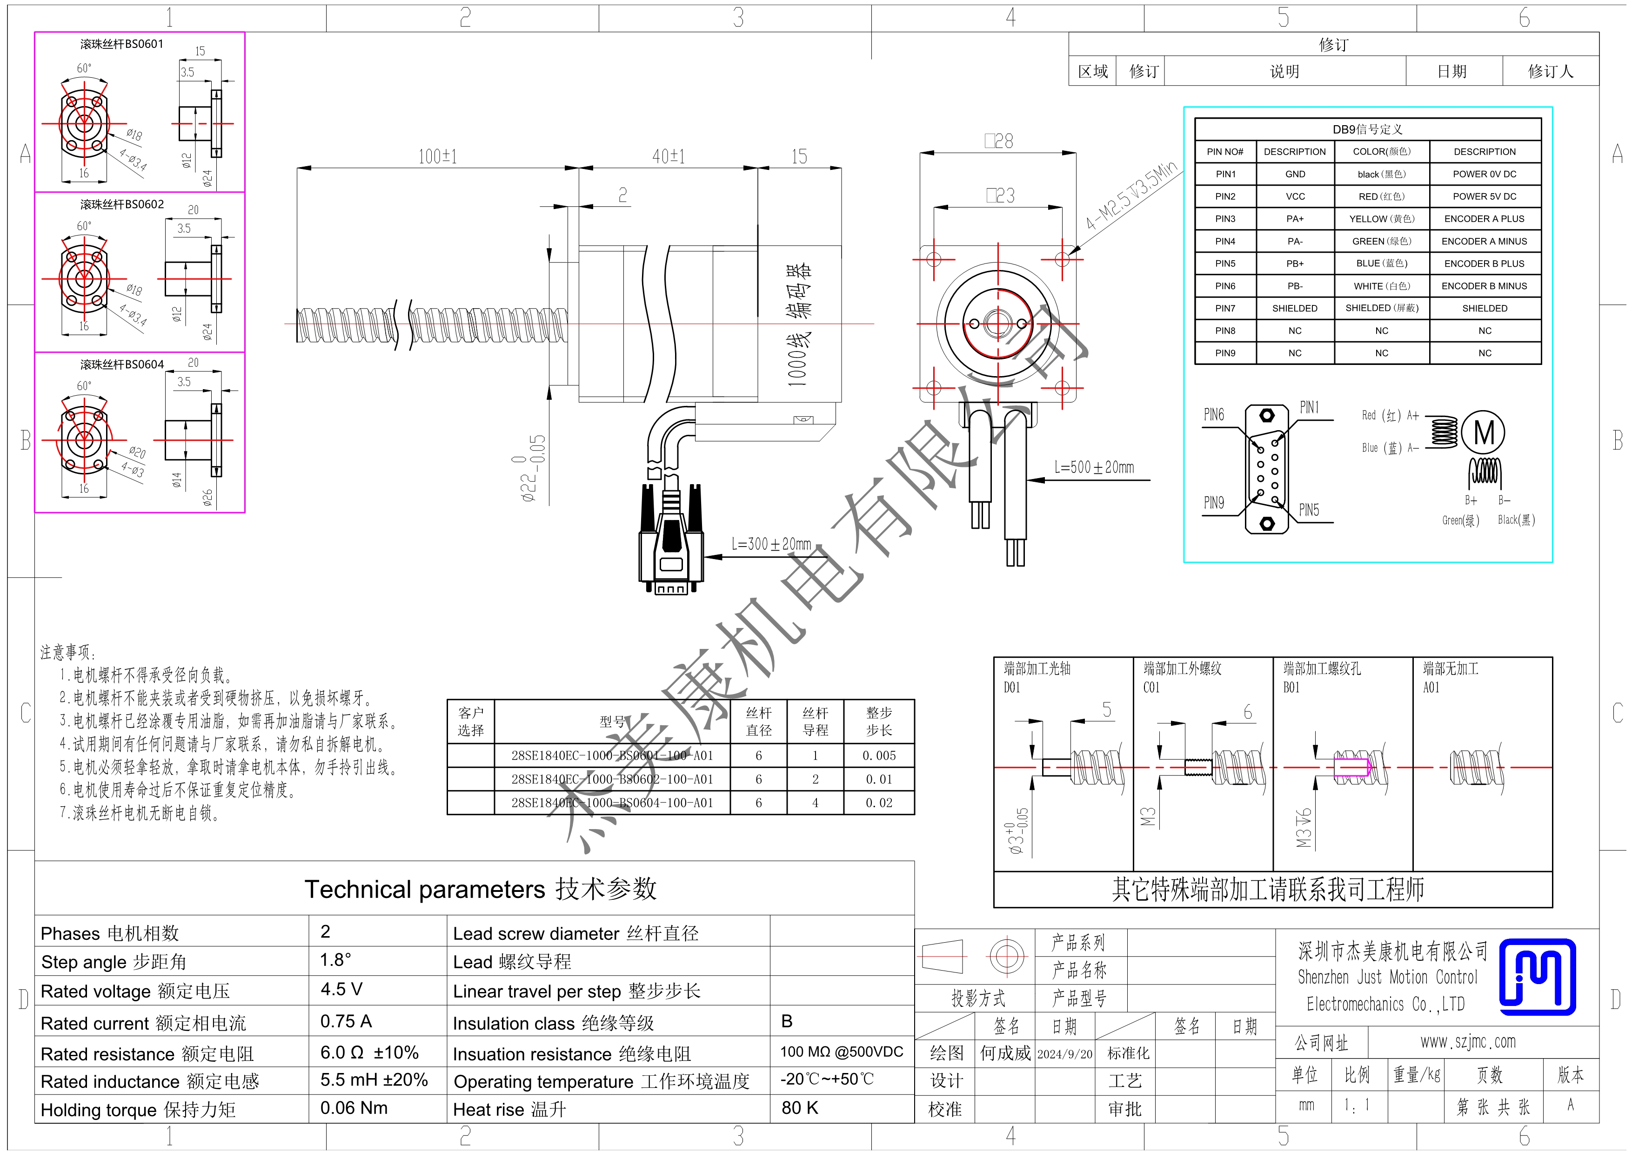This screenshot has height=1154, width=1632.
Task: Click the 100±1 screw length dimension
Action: pos(437,156)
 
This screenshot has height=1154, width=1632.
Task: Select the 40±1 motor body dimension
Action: pos(668,156)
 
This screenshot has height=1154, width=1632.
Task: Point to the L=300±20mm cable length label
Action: pos(771,544)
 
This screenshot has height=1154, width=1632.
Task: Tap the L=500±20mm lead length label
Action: pos(1094,467)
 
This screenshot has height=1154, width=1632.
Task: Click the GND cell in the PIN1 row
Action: pos(1295,174)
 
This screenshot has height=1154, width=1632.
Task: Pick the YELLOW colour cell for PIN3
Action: pos(1381,219)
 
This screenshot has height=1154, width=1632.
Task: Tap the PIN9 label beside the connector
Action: pos(1214,503)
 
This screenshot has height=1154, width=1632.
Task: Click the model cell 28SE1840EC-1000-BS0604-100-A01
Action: pos(612,803)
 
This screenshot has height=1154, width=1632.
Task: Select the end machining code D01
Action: pos(1011,688)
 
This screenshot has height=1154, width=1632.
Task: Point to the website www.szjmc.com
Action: pos(1468,1042)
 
